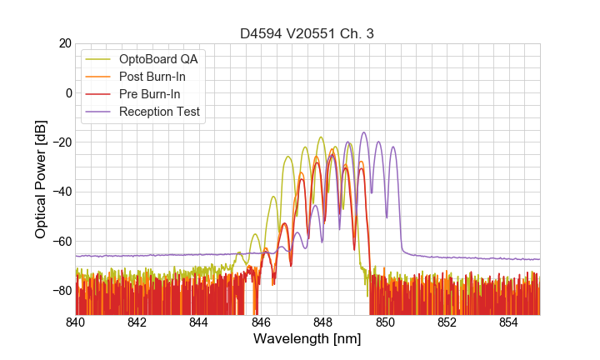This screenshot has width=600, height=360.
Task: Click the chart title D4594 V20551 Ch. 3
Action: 307,34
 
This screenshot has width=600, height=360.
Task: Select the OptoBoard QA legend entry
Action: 158,60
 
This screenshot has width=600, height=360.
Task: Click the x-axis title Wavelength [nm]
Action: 307,339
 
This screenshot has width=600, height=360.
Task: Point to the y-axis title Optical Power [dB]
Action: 41,179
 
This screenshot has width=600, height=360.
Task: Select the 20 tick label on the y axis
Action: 63,43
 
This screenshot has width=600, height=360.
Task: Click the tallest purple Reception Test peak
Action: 363,132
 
